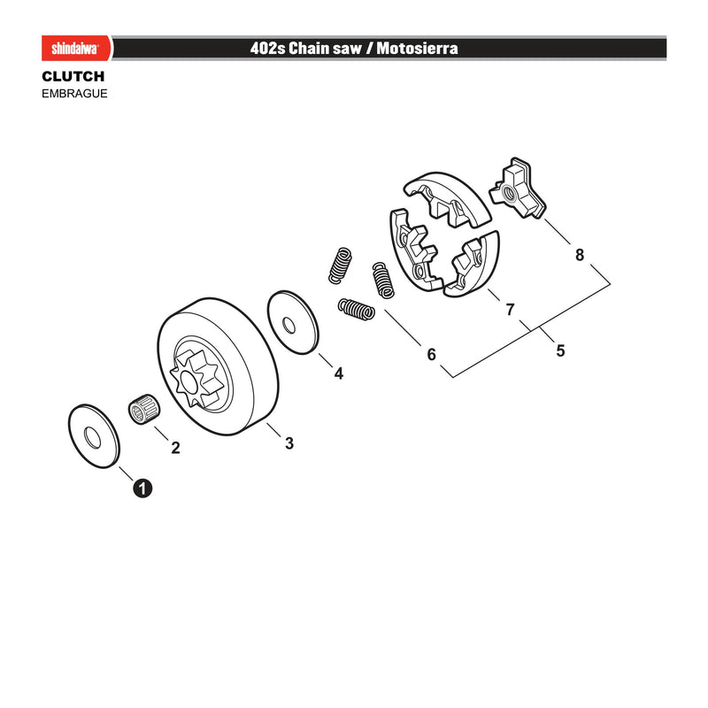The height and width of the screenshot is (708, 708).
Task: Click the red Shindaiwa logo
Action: (x=76, y=48)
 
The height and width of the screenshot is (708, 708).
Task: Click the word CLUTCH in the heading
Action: (x=73, y=76)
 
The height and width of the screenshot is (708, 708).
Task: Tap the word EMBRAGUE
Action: (x=74, y=94)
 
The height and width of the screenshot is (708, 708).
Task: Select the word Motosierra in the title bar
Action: (x=417, y=48)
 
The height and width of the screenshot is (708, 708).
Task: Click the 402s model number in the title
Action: (x=268, y=48)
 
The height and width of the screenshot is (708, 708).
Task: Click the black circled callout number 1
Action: (x=142, y=489)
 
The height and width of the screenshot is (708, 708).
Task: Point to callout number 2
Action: (x=175, y=448)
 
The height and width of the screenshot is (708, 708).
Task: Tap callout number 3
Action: (x=289, y=443)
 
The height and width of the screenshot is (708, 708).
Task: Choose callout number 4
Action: (x=339, y=373)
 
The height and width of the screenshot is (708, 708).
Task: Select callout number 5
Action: (x=560, y=350)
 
